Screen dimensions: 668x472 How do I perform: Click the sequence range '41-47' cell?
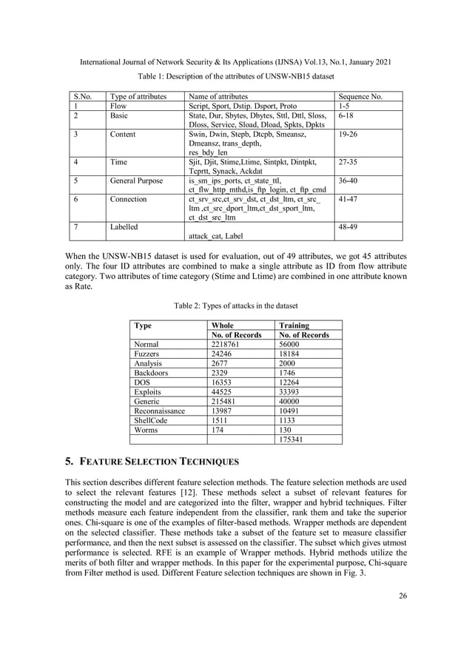click(349, 199)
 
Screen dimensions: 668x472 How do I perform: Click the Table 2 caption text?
click(235, 306)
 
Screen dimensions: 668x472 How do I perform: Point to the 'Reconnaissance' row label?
click(159, 411)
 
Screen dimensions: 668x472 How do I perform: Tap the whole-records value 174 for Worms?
click(218, 430)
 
